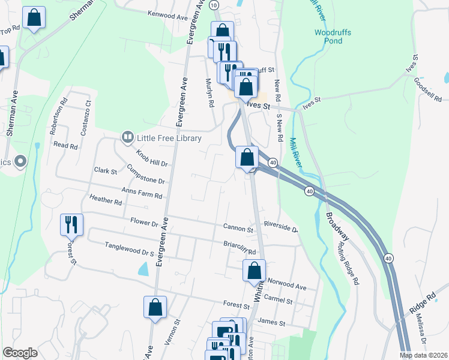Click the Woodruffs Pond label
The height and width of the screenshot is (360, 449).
329,37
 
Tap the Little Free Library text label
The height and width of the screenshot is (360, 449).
169,138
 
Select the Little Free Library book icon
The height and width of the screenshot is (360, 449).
127,138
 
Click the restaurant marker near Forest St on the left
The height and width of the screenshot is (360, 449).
71,224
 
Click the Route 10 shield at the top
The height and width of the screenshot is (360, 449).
214,5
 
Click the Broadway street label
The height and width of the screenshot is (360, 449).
339,226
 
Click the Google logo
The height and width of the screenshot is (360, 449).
20,352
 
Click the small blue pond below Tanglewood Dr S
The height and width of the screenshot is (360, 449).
142,269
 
